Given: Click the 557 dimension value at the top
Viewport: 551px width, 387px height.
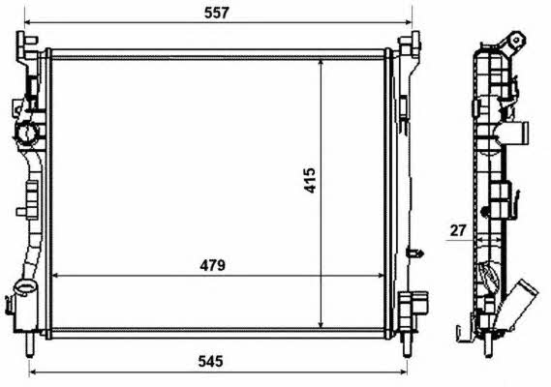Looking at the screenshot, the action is point(217,13).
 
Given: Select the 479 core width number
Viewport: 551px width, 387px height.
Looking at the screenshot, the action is point(212,265).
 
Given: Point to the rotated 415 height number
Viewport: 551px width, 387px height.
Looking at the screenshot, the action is point(310,181).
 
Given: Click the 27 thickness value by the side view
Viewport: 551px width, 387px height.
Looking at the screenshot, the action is point(458,230).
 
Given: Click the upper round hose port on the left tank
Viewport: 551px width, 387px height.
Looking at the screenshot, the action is point(25,133).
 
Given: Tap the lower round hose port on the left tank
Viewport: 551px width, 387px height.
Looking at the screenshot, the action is point(24,287).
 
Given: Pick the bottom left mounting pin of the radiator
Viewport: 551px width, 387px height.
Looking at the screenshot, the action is point(30,344).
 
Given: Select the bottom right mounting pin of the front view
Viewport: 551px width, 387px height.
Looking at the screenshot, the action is point(407,344).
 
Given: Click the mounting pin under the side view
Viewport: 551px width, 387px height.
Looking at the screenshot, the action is point(488,344).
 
